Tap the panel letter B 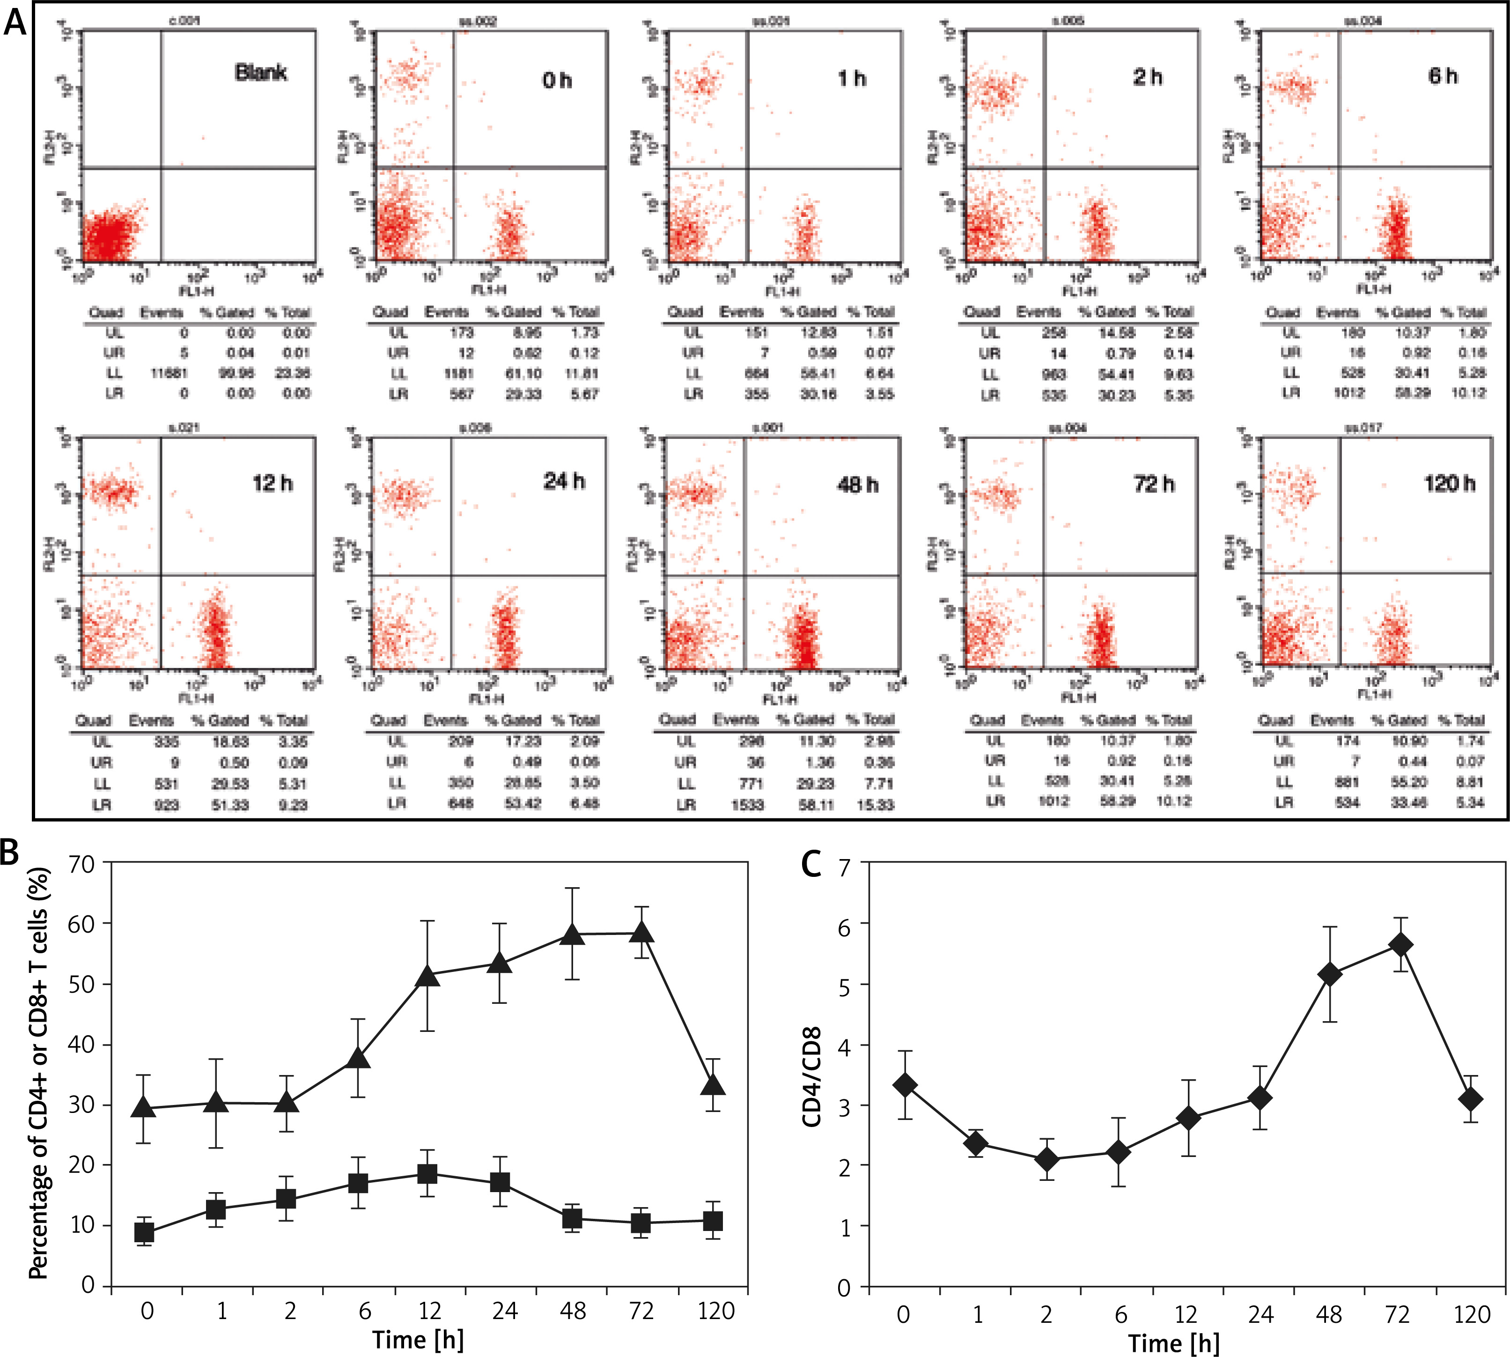10,852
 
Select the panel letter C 811,865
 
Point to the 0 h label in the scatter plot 557,80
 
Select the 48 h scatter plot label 857,485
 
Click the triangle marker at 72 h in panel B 642,933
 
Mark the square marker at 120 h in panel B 713,1221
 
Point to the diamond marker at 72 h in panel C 1400,945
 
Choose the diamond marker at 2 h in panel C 1047,1159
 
